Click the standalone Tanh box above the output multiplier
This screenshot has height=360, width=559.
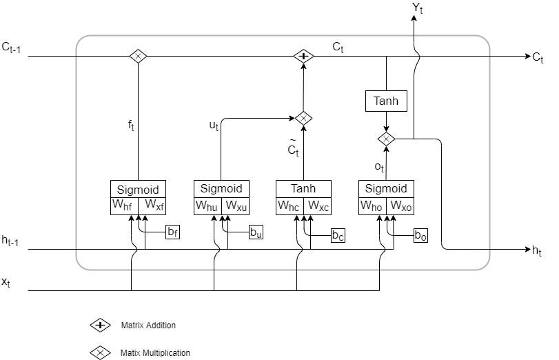click(386, 101)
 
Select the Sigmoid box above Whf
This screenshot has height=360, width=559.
click(138, 189)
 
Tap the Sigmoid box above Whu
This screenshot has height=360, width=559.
click(221, 188)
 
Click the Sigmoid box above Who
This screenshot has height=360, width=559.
click(386, 189)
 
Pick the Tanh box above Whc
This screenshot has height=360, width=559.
click(303, 189)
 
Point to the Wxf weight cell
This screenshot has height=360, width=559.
click(152, 206)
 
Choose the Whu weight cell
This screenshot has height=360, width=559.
click(207, 206)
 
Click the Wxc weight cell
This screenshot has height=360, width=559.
click(318, 206)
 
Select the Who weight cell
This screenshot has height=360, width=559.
click(372, 206)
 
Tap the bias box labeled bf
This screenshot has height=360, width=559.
click(172, 232)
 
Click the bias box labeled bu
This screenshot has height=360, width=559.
click(256, 232)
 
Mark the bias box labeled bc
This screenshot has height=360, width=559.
click(338, 235)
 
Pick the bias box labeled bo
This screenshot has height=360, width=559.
click(420, 235)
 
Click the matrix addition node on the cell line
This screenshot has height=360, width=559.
click(303, 57)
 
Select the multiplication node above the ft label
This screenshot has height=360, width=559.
click(138, 57)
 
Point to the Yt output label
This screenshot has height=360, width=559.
click(417, 8)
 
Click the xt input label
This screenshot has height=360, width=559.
click(6, 281)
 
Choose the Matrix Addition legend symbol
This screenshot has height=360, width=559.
click(101, 325)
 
